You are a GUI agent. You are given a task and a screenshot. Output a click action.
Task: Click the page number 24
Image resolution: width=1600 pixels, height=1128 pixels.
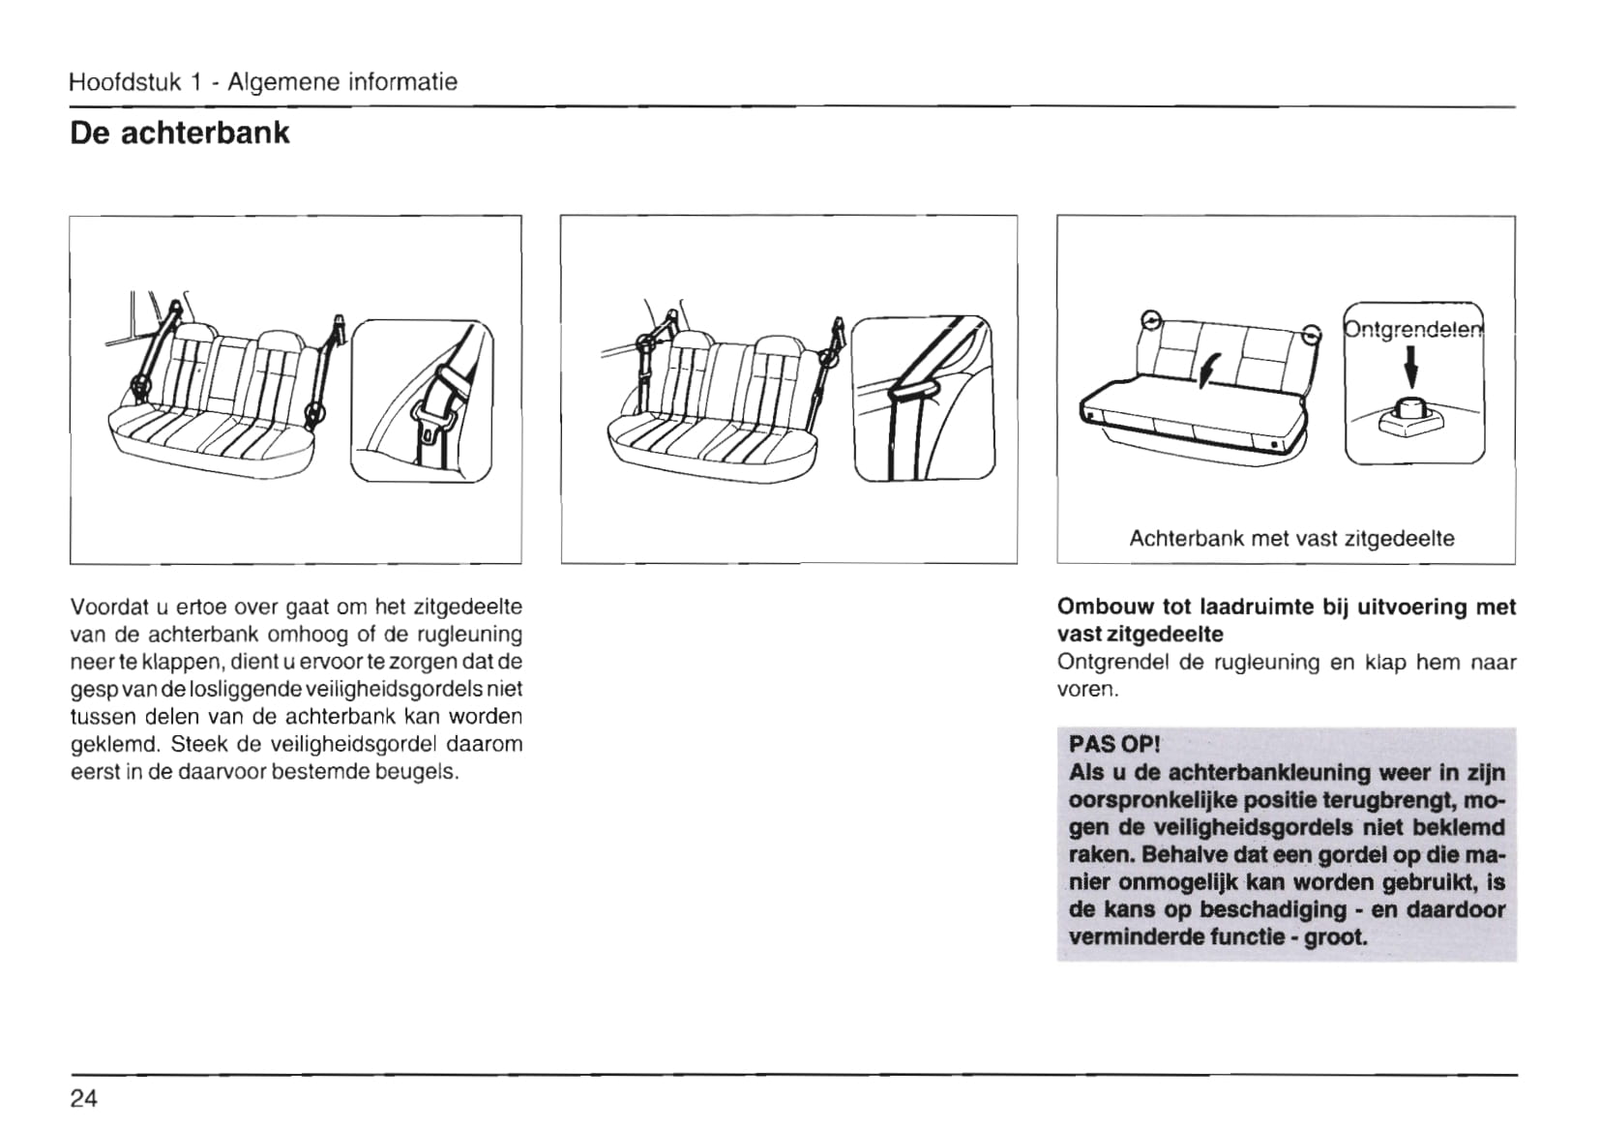[x=83, y=1098]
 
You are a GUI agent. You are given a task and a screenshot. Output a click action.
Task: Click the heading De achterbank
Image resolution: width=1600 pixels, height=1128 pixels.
[x=179, y=133]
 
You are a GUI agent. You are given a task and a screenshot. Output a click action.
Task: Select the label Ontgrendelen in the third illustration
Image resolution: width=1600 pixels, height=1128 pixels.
[x=1413, y=330]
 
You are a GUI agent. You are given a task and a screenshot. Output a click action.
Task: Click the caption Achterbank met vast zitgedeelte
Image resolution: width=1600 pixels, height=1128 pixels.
[x=1291, y=539]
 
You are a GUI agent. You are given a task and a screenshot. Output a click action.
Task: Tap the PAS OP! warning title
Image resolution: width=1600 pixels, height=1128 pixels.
[x=1113, y=744]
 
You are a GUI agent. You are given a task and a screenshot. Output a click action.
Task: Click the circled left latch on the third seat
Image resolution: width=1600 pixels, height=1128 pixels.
[x=1149, y=320]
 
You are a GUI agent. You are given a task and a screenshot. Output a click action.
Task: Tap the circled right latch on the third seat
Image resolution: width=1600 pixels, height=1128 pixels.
[x=1311, y=335]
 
